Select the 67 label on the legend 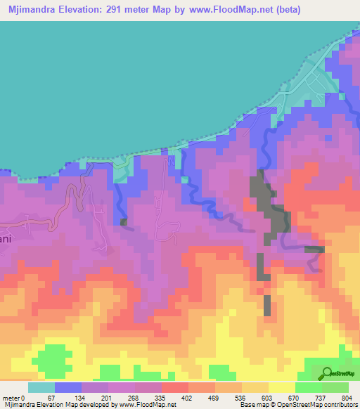[70, 398]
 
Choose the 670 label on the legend [308, 398]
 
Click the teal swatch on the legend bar [41, 387]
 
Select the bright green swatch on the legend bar [309, 387]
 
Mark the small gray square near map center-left [124, 222]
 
